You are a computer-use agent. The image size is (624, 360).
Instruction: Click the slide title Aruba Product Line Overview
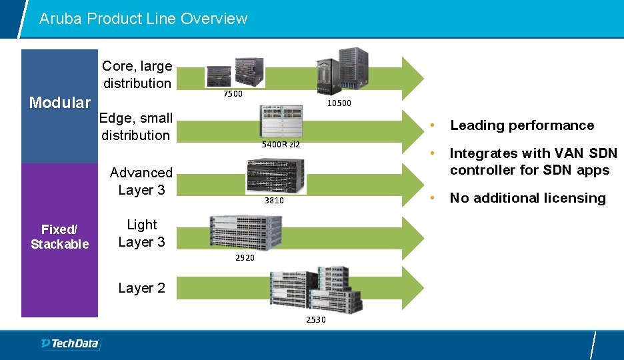pyautogui.click(x=143, y=19)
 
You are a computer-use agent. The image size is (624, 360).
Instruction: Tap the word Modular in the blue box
pyautogui.click(x=60, y=103)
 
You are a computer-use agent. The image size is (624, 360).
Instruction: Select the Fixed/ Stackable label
pyautogui.click(x=60, y=236)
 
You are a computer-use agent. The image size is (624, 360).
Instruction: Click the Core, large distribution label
pyautogui.click(x=137, y=75)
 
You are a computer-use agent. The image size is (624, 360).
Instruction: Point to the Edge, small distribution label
pyautogui.click(x=136, y=127)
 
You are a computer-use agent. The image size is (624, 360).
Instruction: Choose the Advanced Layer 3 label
pyautogui.click(x=141, y=181)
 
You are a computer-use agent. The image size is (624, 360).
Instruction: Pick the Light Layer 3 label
pyautogui.click(x=141, y=233)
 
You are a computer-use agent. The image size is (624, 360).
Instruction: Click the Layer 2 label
pyautogui.click(x=141, y=288)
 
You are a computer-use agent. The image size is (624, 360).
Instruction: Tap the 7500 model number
pyautogui.click(x=233, y=94)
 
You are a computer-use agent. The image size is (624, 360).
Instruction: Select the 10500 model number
pyautogui.click(x=339, y=103)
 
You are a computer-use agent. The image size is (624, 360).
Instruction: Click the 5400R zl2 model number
pyautogui.click(x=281, y=145)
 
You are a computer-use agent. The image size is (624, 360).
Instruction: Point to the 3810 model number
pyautogui.click(x=274, y=200)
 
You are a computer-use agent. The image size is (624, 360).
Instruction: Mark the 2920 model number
pyautogui.click(x=245, y=257)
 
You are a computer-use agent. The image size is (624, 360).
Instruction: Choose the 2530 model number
pyautogui.click(x=316, y=320)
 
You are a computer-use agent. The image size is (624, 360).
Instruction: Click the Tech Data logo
pyautogui.click(x=70, y=344)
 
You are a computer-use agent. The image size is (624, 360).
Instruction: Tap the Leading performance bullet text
pyautogui.click(x=522, y=125)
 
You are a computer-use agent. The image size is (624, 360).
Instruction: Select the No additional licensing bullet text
pyautogui.click(x=528, y=198)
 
